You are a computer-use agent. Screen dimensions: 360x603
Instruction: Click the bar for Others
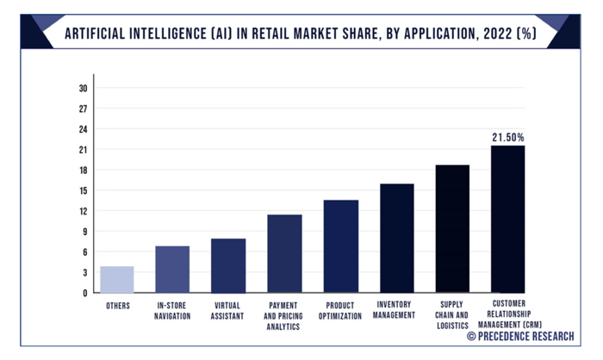116,279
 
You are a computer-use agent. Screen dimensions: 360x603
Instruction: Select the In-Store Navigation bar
172,269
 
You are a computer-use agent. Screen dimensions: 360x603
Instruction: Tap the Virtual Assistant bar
228,265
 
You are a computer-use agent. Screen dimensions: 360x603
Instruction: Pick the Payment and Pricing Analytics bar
284,253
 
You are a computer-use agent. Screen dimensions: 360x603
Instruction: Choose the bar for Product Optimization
340,246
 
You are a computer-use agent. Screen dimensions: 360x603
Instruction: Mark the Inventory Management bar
396,238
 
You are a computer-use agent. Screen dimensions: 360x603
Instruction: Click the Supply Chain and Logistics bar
452,228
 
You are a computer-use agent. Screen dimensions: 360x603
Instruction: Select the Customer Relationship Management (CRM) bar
507,219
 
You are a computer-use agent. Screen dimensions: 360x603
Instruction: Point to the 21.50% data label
507,137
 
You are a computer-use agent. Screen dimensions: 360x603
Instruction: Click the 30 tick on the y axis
83,88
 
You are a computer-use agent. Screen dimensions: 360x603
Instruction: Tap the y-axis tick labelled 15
83,190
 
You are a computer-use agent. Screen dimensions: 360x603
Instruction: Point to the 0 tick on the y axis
85,293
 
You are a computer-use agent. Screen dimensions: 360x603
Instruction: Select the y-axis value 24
83,129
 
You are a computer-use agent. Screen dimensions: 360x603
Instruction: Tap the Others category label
117,305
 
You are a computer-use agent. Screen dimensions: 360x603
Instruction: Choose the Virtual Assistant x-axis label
228,310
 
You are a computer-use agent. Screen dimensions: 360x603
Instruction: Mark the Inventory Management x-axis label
396,310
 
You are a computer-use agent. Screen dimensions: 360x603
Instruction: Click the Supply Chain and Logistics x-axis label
452,315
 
